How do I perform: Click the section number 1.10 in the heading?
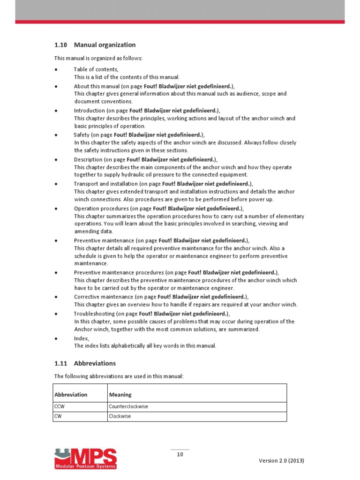61,45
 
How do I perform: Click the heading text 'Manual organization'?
105,45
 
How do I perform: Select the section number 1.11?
61,363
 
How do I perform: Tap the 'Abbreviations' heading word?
95,363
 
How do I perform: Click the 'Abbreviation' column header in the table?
71,395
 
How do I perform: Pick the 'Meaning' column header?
120,395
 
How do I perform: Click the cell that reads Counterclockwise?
128,406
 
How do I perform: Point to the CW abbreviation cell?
58,416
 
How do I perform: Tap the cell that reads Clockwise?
120,416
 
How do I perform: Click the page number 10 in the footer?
180,454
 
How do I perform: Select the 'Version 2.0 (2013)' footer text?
281,460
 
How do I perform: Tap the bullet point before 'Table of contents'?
56,69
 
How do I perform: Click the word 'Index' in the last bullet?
81,338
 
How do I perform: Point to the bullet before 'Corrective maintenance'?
56,297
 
